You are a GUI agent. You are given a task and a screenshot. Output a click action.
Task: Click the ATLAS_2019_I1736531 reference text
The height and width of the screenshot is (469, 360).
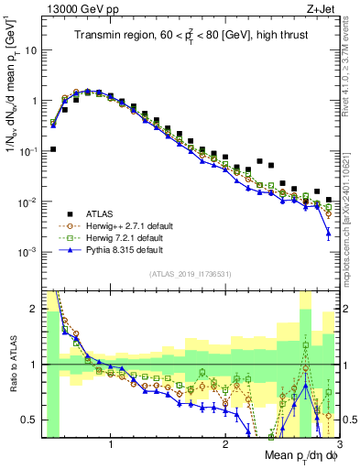(191, 272)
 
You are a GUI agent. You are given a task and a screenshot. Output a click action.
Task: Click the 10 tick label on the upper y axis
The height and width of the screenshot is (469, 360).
(31, 50)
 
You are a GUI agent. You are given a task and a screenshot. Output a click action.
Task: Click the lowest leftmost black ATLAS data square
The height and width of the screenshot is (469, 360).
(53, 148)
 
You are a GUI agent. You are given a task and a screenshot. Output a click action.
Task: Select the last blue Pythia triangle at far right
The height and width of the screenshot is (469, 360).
(329, 234)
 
